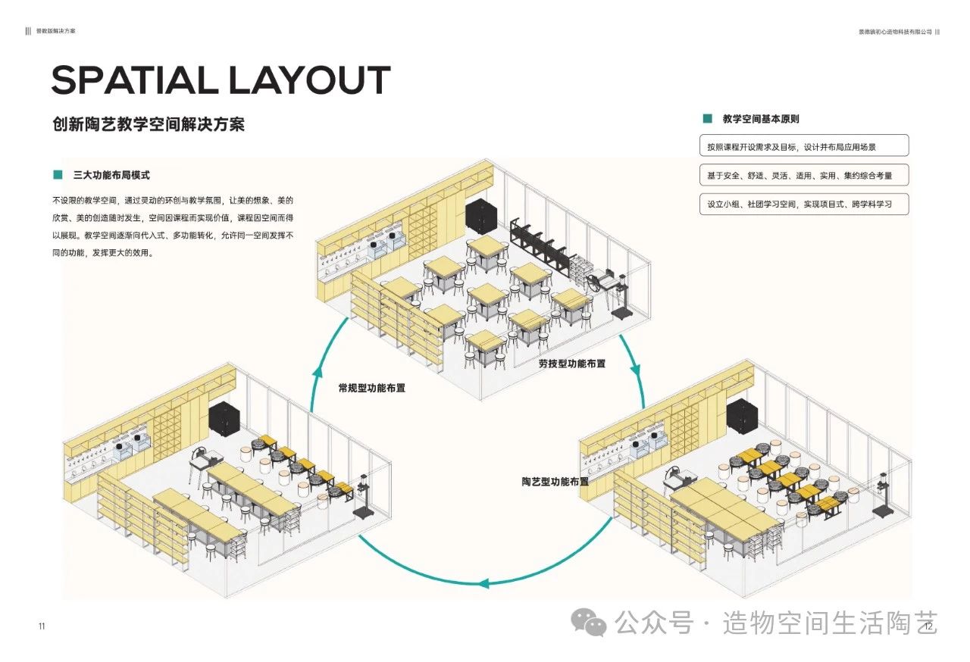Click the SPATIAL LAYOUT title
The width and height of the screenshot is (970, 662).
point(221,80)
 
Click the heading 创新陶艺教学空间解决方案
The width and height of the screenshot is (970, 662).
point(149,124)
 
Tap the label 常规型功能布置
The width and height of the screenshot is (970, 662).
point(371,388)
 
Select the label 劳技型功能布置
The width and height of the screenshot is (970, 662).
point(572,364)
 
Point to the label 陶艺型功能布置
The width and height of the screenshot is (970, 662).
point(555,482)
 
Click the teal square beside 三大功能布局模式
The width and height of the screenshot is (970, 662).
point(58,175)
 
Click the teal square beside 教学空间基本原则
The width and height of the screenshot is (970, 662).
point(707,119)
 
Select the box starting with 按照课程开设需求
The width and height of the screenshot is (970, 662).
point(803,146)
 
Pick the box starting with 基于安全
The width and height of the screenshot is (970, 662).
point(803,175)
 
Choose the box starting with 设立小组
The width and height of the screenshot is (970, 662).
point(803,204)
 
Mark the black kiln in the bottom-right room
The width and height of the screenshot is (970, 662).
point(741,417)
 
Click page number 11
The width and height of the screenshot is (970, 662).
point(42,626)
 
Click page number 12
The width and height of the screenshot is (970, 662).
point(925,626)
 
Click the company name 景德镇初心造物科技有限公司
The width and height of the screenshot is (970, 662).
point(894,32)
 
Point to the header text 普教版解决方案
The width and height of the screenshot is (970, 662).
point(56,32)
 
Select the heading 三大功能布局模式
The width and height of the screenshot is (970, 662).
point(111,175)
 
